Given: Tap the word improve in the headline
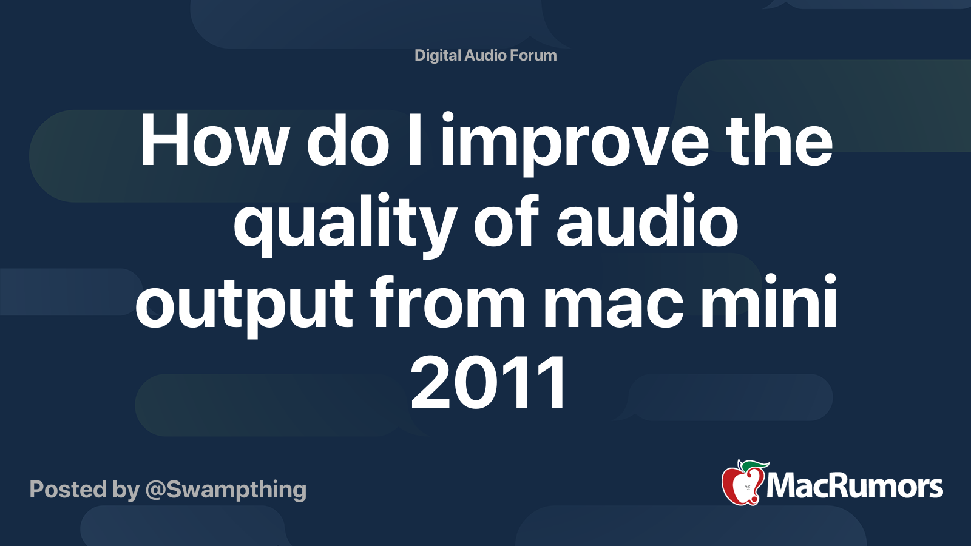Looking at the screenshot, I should point(575,146).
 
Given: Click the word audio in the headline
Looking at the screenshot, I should point(647,222).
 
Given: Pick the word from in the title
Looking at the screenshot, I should point(448,302).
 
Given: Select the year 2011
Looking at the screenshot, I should point(489,383).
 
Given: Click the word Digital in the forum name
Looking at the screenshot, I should point(438,55).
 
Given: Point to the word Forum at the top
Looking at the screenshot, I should point(533,55).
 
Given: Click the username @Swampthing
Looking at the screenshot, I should point(226,490).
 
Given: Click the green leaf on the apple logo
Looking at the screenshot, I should point(754,465).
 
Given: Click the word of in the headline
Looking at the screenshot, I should point(506,222).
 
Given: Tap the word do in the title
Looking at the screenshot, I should point(348,142).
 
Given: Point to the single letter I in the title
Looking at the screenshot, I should point(414,142).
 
